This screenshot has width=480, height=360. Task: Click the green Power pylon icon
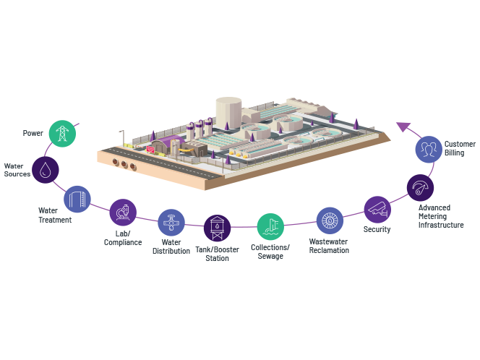(62, 133)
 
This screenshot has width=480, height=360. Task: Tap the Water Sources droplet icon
(46, 170)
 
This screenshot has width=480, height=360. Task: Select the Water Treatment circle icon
(77, 198)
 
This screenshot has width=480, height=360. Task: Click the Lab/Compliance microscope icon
(123, 213)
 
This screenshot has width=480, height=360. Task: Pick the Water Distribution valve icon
(171, 222)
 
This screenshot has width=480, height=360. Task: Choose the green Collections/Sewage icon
(270, 226)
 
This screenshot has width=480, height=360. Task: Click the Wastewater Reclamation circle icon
(330, 220)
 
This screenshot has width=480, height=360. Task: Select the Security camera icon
(377, 210)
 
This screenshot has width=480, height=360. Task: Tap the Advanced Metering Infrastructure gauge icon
(420, 188)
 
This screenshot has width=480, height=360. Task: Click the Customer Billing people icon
(429, 149)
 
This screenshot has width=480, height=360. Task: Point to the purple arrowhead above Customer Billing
(403, 127)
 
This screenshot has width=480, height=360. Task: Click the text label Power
(33, 133)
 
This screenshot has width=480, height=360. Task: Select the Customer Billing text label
(460, 148)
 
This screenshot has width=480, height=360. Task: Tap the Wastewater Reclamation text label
(329, 246)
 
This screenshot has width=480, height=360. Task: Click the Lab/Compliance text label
(123, 238)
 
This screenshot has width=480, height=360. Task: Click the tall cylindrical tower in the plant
(228, 113)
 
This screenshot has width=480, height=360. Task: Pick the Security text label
(377, 230)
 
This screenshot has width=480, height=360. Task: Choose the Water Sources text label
(17, 170)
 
